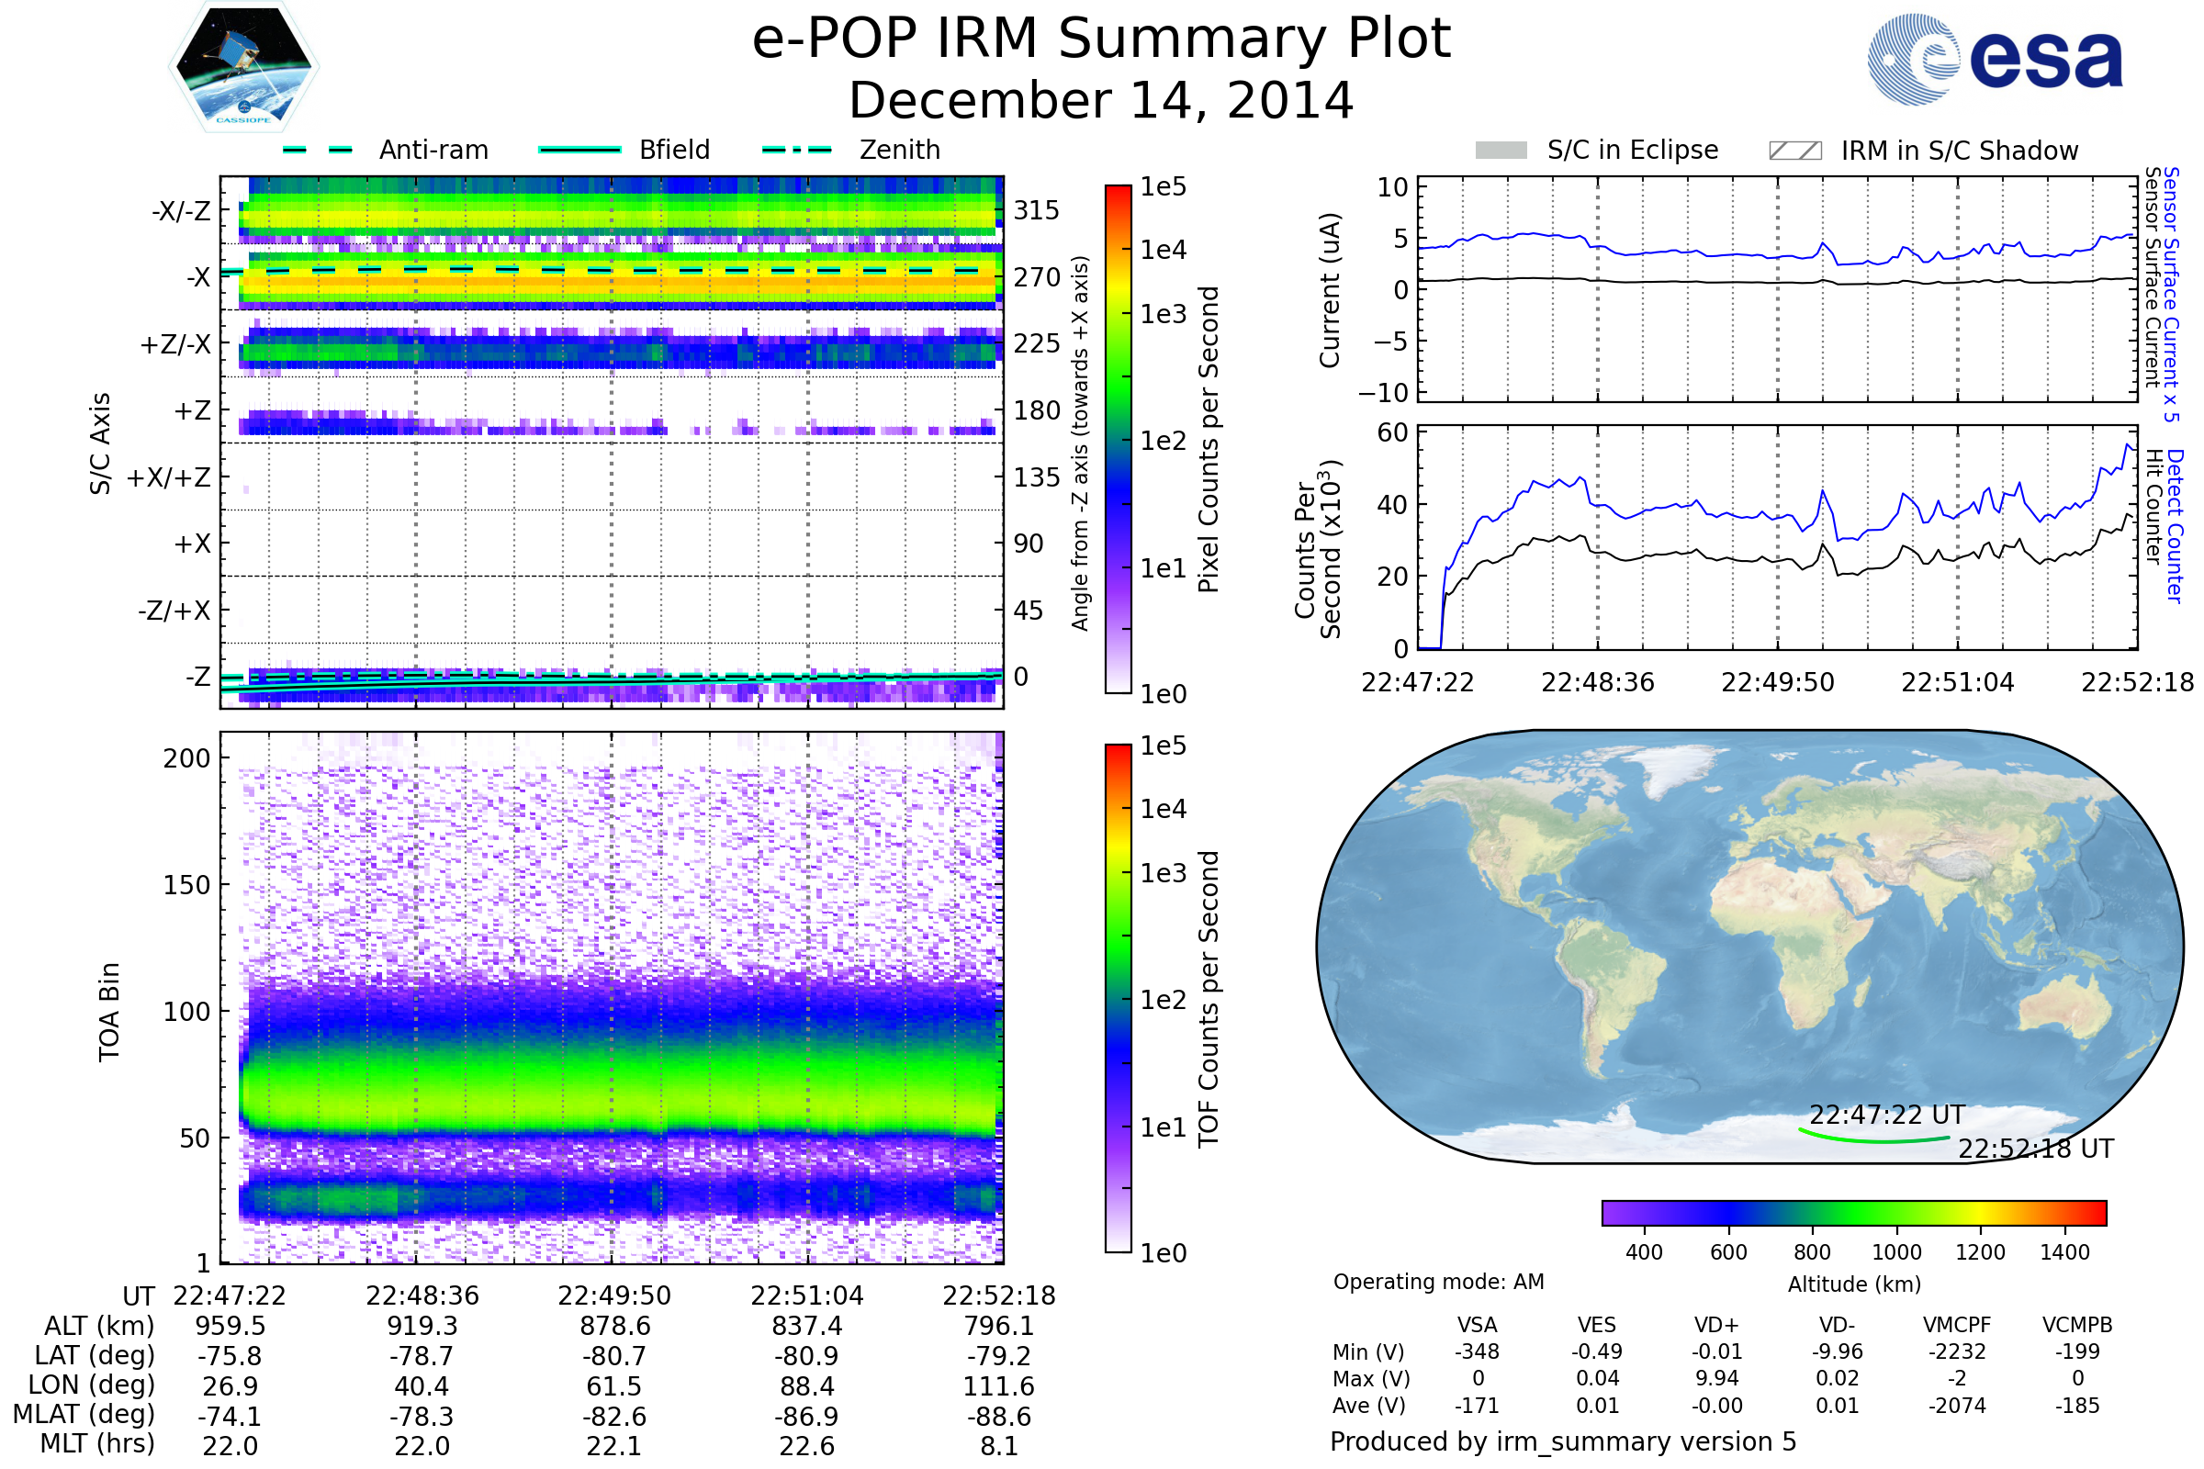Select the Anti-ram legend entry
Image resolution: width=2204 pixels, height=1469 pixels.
pos(433,150)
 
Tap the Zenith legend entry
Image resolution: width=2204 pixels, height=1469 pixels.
pos(899,150)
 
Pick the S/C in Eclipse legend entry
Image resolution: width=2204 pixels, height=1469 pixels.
pos(1632,150)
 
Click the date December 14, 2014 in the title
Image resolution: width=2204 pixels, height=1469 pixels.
pos(1101,100)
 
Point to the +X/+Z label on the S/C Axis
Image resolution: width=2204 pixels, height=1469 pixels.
pos(169,477)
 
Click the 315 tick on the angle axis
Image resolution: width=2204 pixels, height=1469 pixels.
pos(1036,210)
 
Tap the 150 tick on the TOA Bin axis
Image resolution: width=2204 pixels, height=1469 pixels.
pos(186,885)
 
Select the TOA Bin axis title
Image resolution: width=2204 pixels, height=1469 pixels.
pos(108,1011)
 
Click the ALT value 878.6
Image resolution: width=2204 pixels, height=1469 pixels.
pos(614,1326)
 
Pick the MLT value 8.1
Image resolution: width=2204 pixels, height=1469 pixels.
pos(999,1445)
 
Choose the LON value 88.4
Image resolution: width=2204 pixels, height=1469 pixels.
pos(807,1385)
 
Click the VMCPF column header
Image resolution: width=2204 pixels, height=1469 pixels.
pos(1957,1325)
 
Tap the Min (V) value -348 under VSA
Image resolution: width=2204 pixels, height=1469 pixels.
pos(1477,1351)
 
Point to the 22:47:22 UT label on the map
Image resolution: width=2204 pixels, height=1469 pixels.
pos(1886,1115)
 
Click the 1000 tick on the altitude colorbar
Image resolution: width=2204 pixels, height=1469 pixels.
pos(1896,1252)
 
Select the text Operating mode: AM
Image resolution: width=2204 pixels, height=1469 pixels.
pos(1438,1282)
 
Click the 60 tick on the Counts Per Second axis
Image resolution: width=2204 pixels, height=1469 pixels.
pos(1392,432)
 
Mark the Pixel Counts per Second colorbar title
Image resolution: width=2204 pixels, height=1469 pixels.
pos(1209,440)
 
